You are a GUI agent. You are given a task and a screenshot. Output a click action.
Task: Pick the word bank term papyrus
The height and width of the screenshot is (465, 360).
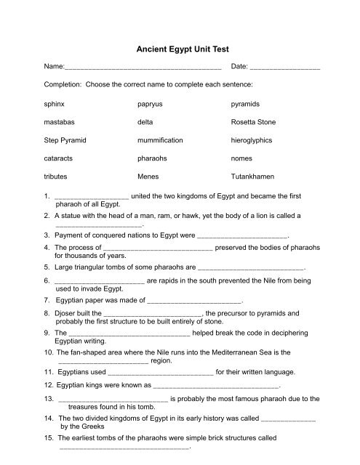pyautogui.click(x=151, y=105)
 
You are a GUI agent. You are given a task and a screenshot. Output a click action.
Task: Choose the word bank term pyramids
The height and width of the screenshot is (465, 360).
pyautogui.click(x=246, y=105)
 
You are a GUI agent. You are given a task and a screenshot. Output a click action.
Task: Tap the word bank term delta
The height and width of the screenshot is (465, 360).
pyautogui.click(x=145, y=123)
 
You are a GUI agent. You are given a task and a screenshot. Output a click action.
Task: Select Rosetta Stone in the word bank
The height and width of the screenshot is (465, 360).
pyautogui.click(x=254, y=123)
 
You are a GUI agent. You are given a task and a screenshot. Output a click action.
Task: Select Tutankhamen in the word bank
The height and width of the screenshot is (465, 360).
pyautogui.click(x=253, y=177)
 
